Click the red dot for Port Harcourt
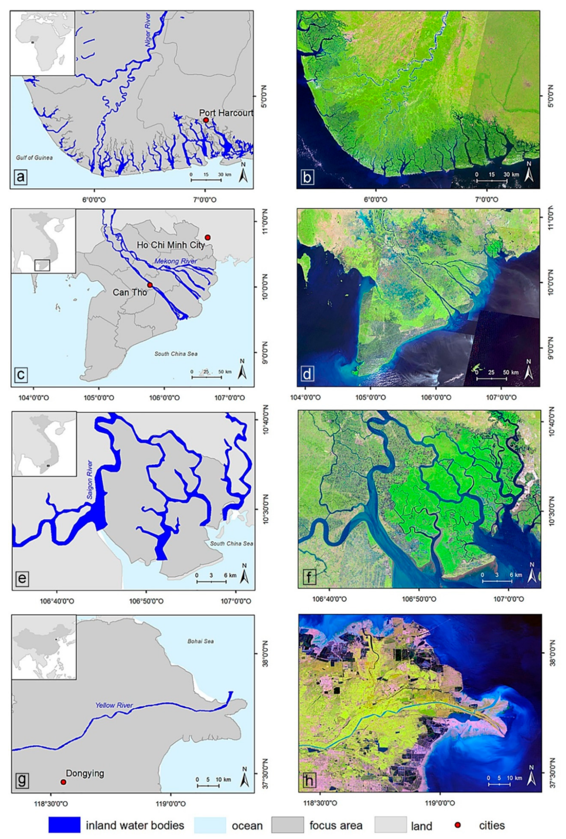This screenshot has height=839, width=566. [206, 120]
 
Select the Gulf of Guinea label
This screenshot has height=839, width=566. [34, 157]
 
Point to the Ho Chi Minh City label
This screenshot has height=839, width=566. [171, 245]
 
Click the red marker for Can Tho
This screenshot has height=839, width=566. [150, 285]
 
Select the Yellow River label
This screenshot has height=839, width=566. [114, 705]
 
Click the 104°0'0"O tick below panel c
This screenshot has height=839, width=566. [34, 398]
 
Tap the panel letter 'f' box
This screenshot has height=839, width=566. [308, 578]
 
